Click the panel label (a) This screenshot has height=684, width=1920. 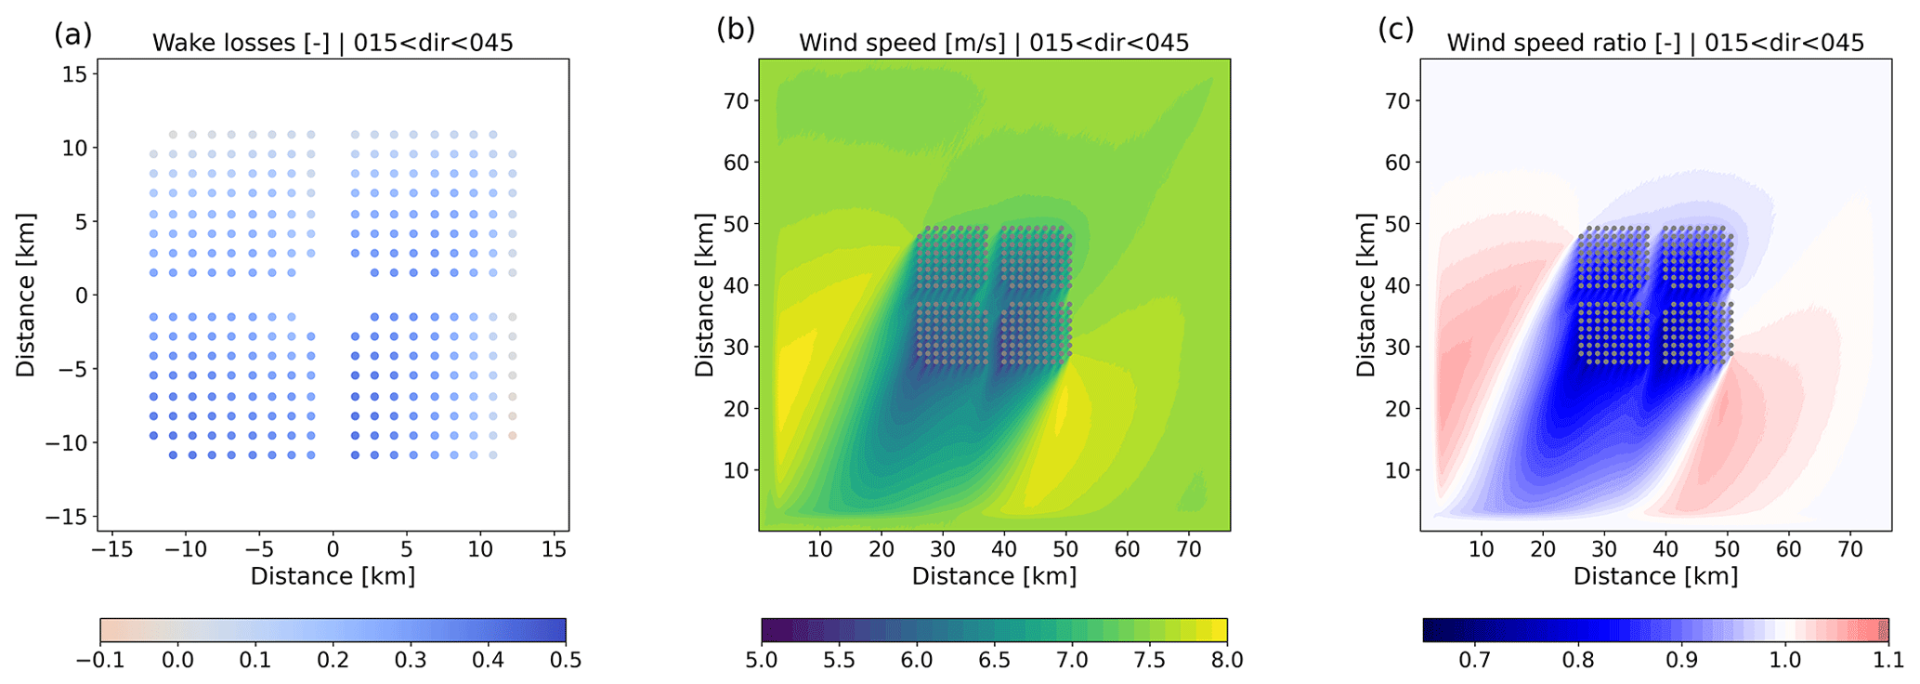(72, 34)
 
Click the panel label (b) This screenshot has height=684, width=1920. (735, 30)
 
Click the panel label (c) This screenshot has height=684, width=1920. (1395, 30)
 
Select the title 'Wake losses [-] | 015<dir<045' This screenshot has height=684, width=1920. (333, 43)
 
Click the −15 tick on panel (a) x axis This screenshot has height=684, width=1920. (111, 549)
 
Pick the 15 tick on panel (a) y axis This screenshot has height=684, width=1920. (74, 74)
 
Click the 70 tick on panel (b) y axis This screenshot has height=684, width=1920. (736, 100)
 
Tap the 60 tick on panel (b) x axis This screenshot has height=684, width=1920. (1127, 549)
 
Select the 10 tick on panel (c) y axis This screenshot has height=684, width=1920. (1397, 470)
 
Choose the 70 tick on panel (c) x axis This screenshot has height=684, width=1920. (1850, 549)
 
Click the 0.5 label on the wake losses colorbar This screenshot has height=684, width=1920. (566, 661)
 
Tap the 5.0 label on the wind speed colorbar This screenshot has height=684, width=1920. (761, 661)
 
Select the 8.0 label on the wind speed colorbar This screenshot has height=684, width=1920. (1227, 661)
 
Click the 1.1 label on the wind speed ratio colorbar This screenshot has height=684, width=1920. (1888, 661)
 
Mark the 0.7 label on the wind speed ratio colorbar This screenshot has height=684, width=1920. (1474, 661)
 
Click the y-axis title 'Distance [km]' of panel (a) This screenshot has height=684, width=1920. (25, 296)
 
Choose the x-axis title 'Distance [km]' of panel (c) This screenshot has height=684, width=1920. (1655, 576)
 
